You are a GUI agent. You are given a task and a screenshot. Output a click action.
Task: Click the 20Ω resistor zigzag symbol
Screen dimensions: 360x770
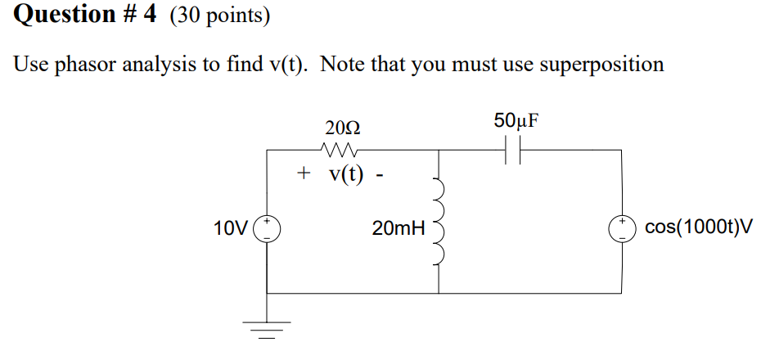tap(338, 150)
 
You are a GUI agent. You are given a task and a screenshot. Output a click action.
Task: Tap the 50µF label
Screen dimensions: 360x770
tap(516, 121)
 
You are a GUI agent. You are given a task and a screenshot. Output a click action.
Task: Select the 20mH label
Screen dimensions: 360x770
tap(398, 228)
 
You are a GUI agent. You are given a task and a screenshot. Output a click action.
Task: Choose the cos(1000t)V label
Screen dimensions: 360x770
tap(698, 227)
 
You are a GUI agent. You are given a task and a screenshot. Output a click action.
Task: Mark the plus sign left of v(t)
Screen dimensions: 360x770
tap(304, 173)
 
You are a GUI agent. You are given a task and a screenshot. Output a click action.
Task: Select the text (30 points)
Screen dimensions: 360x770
tap(219, 15)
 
